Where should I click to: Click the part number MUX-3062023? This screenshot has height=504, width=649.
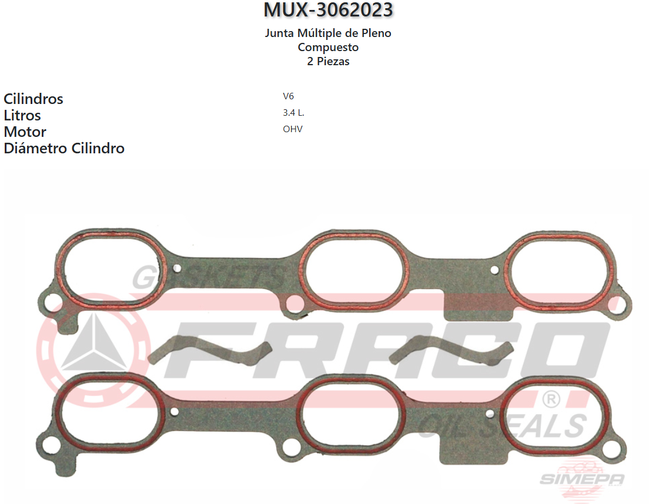[x=328, y=10]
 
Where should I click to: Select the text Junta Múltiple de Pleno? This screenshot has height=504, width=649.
[x=328, y=33]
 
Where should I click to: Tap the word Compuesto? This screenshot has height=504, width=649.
[x=328, y=47]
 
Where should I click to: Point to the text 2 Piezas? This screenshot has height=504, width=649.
[x=328, y=61]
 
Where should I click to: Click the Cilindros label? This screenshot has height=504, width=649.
[x=34, y=99]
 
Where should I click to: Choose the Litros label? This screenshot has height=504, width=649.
[x=22, y=115]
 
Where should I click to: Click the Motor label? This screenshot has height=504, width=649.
[x=25, y=132]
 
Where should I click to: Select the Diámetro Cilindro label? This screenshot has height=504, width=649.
[x=64, y=148]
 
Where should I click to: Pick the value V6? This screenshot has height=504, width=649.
[x=288, y=96]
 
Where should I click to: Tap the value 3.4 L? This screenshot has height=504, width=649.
[x=293, y=113]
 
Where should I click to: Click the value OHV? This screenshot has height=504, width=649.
[x=292, y=129]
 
